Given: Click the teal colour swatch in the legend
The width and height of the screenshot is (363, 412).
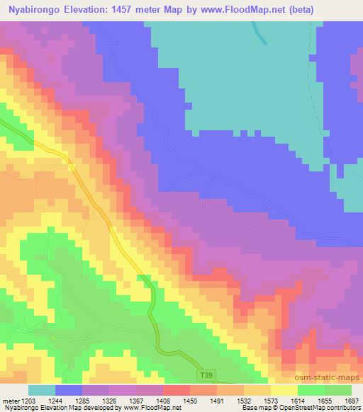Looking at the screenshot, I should pos(42,390).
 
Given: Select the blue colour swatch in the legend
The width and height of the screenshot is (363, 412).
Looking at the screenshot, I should pos(69,390).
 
